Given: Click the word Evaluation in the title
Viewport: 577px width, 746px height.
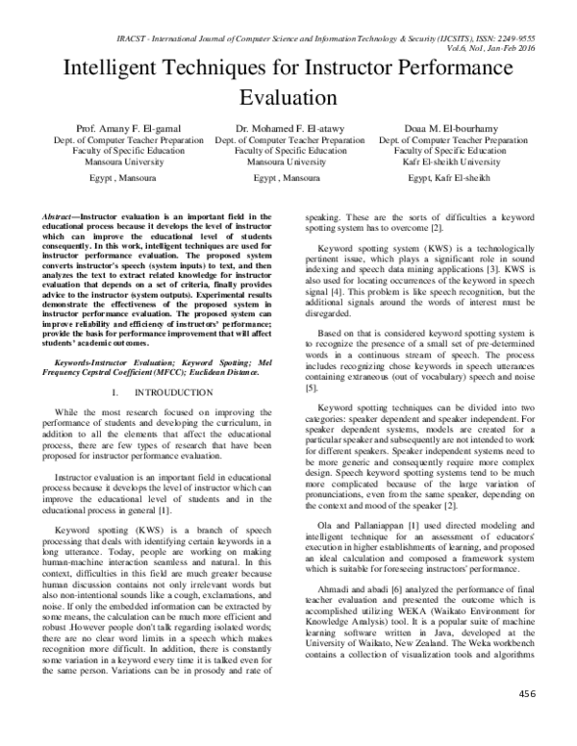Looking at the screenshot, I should tap(288, 98).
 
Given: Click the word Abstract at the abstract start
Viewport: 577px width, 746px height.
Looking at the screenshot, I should tap(62, 218).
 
